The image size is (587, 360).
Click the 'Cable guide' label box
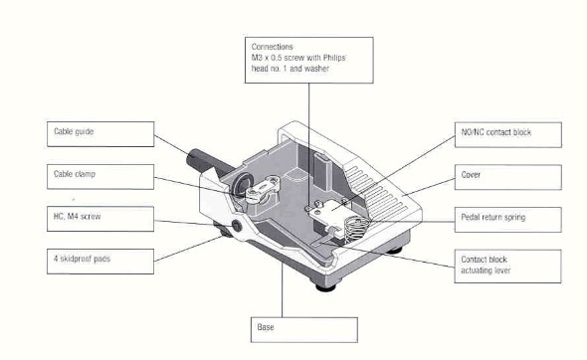pyautogui.click(x=100, y=134)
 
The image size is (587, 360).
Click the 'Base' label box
pyautogui.click(x=304, y=330)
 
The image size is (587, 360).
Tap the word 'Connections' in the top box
pyautogui.click(x=273, y=47)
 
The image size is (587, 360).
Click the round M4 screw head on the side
pyautogui.click(x=237, y=226)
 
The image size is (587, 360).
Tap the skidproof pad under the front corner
pyautogui.click(x=325, y=286)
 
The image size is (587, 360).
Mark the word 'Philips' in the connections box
pyautogui.click(x=334, y=58)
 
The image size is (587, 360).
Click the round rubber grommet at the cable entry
pyautogui.click(x=241, y=185)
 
